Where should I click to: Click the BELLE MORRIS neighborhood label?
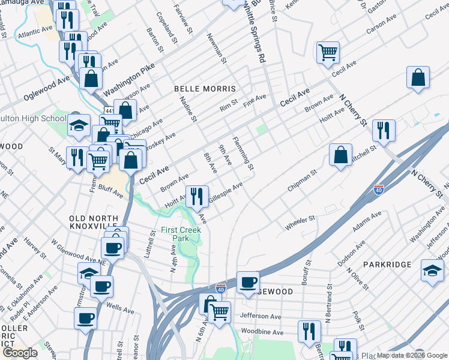pyautogui.click(x=205, y=88)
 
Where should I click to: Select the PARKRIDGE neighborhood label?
pyautogui.click(x=387, y=264)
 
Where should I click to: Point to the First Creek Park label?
pyautogui.click(x=181, y=234)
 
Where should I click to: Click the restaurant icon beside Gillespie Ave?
pyautogui.click(x=196, y=195)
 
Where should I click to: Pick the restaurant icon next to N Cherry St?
pyautogui.click(x=383, y=130)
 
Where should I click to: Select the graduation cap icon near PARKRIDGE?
pyautogui.click(x=432, y=269)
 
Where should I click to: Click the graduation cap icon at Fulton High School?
pyautogui.click(x=79, y=125)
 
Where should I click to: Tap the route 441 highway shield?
pyautogui.click(x=109, y=112)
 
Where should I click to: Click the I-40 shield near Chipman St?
pyautogui.click(x=378, y=189)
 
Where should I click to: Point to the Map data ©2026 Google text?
pyautogui.click(x=412, y=355)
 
